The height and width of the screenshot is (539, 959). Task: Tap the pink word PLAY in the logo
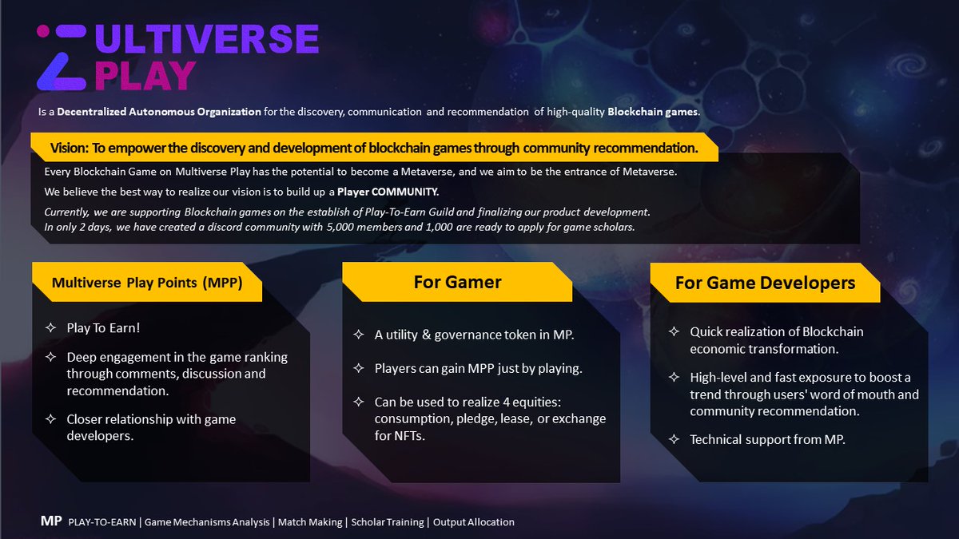click(145, 77)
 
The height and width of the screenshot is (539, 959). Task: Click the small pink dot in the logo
click(43, 31)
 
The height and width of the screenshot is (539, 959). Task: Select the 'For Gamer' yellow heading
click(457, 282)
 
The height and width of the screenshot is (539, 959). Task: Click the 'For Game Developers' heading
click(765, 283)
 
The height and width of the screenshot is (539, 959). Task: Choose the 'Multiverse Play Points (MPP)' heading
click(147, 283)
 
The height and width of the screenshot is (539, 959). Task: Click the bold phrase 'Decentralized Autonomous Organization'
click(159, 112)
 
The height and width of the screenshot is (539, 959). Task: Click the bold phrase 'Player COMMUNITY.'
click(388, 192)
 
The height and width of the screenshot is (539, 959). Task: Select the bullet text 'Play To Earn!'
click(104, 327)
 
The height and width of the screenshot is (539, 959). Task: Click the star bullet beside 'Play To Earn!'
click(50, 327)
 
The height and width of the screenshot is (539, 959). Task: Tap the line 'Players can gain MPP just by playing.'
click(478, 368)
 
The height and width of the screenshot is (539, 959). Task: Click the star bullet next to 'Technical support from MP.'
click(674, 439)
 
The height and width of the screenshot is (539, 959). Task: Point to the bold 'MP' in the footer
click(51, 521)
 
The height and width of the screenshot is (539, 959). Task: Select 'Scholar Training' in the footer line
click(388, 522)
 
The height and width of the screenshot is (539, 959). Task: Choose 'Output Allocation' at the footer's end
click(473, 522)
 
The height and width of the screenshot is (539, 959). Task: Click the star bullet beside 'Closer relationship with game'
click(50, 419)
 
